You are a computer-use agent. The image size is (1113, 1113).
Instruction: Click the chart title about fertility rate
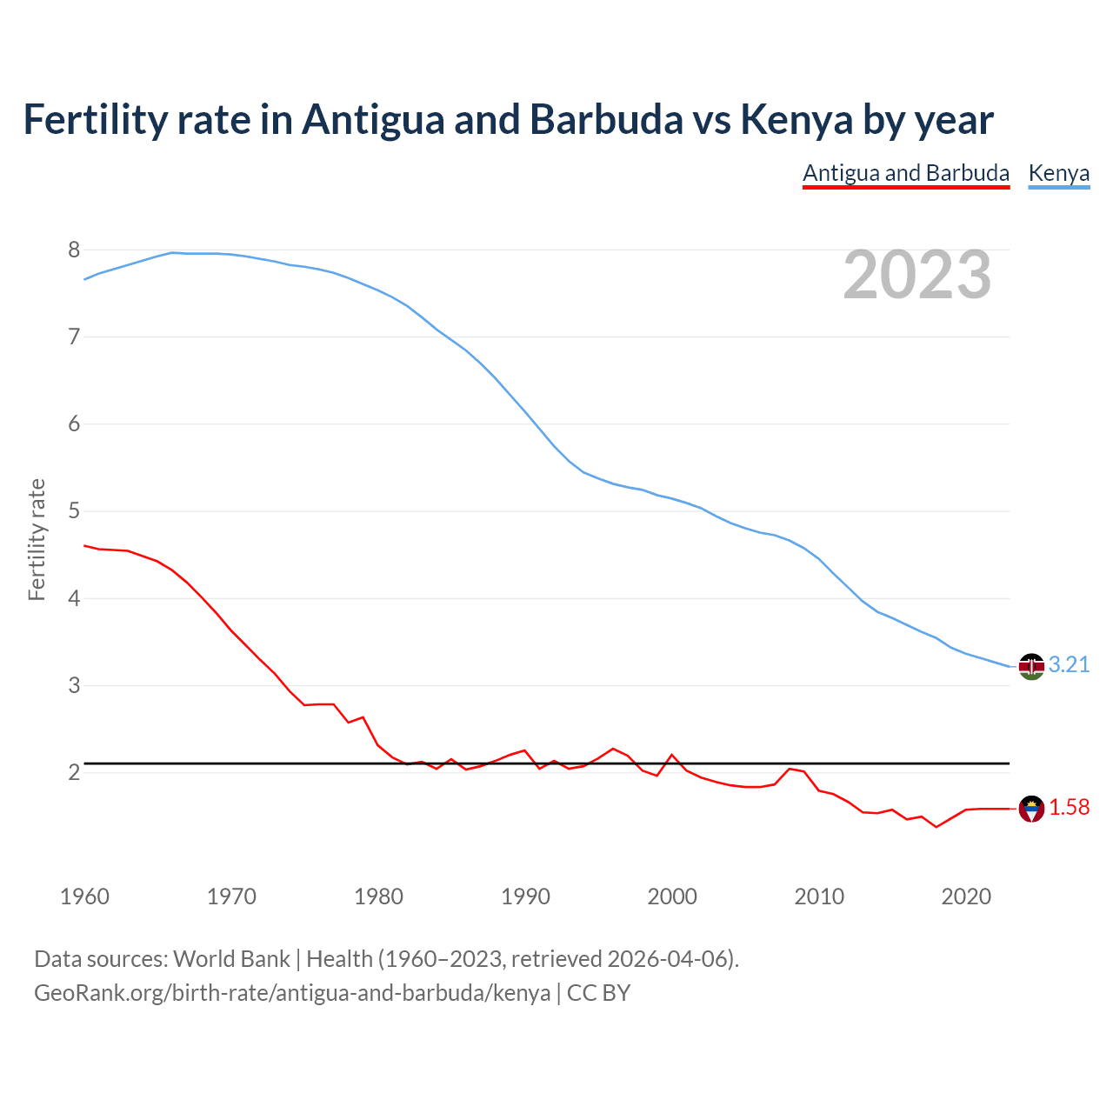click(508, 120)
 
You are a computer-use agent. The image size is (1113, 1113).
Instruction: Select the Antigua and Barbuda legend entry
click(905, 173)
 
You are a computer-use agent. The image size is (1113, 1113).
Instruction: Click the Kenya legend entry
click(1058, 173)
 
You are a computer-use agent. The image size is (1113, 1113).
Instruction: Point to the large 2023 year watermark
click(916, 275)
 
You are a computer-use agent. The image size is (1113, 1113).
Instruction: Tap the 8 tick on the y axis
click(74, 250)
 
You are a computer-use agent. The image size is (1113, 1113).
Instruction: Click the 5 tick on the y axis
click(74, 511)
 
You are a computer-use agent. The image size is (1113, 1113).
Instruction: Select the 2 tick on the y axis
click(74, 772)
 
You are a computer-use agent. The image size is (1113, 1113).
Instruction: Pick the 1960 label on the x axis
click(84, 896)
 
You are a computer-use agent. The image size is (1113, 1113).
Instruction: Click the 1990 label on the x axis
click(525, 896)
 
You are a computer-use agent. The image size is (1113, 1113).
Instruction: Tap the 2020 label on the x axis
click(966, 896)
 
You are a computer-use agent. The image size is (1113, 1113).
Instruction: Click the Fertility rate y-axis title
click(37, 539)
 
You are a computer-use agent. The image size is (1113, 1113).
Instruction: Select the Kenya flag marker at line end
click(1031, 666)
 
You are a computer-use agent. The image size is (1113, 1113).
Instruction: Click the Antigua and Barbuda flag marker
click(1031, 809)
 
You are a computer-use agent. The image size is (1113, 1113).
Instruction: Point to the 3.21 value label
click(1069, 665)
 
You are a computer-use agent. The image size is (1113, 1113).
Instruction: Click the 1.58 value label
click(1069, 808)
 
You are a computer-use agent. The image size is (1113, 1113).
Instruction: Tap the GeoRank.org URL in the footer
click(292, 993)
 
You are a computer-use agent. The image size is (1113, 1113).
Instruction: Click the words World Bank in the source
click(231, 959)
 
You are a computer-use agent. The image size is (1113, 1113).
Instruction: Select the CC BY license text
click(598, 993)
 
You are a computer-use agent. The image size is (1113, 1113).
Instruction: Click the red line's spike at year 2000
click(672, 755)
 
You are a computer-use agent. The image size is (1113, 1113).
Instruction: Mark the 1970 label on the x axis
click(231, 896)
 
